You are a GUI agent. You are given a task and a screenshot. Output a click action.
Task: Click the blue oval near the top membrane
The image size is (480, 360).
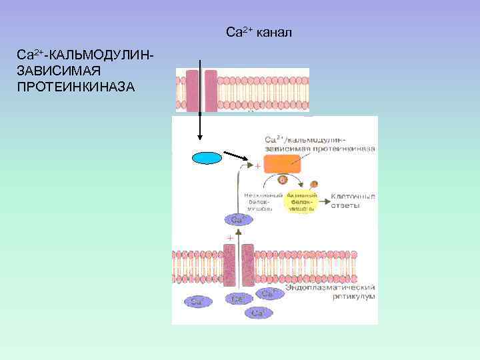[206, 157]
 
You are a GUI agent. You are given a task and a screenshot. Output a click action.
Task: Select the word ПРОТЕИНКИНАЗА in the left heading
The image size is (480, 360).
[77, 87]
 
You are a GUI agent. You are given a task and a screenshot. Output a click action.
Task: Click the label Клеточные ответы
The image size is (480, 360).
[353, 201]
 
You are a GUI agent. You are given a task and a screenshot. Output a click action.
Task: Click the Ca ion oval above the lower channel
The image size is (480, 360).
[237, 219]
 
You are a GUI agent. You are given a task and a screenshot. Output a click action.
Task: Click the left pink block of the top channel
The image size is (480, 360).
[193, 91]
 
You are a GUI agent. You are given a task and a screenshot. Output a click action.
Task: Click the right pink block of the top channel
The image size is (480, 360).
[211, 91]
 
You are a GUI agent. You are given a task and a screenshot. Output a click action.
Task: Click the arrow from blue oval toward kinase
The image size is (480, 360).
[237, 159]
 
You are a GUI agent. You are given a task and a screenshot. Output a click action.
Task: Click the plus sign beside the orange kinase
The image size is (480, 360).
[257, 168]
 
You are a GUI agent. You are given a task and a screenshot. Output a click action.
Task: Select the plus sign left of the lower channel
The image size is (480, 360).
[230, 237]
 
